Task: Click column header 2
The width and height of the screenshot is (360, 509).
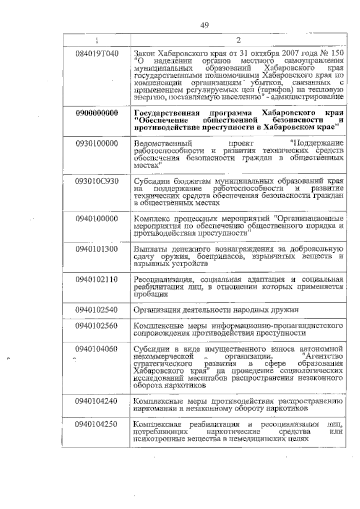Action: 238,40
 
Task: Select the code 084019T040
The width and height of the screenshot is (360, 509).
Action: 97,54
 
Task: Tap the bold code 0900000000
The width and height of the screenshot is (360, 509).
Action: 97,113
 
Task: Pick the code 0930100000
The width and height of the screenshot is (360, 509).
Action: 97,143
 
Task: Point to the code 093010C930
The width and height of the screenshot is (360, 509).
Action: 97,181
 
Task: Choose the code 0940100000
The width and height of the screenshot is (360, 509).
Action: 97,219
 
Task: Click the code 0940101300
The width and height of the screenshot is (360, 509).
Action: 97,249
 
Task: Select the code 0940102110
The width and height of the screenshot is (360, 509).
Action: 97,280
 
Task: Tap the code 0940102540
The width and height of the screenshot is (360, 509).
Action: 97,310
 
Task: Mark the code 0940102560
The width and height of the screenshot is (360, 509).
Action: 97,325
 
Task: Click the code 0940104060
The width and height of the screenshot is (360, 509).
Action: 97,349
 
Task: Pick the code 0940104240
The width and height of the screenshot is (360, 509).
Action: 97,401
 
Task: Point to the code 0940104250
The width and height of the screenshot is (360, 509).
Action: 97,424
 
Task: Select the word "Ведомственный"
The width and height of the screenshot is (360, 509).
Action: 163,143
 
